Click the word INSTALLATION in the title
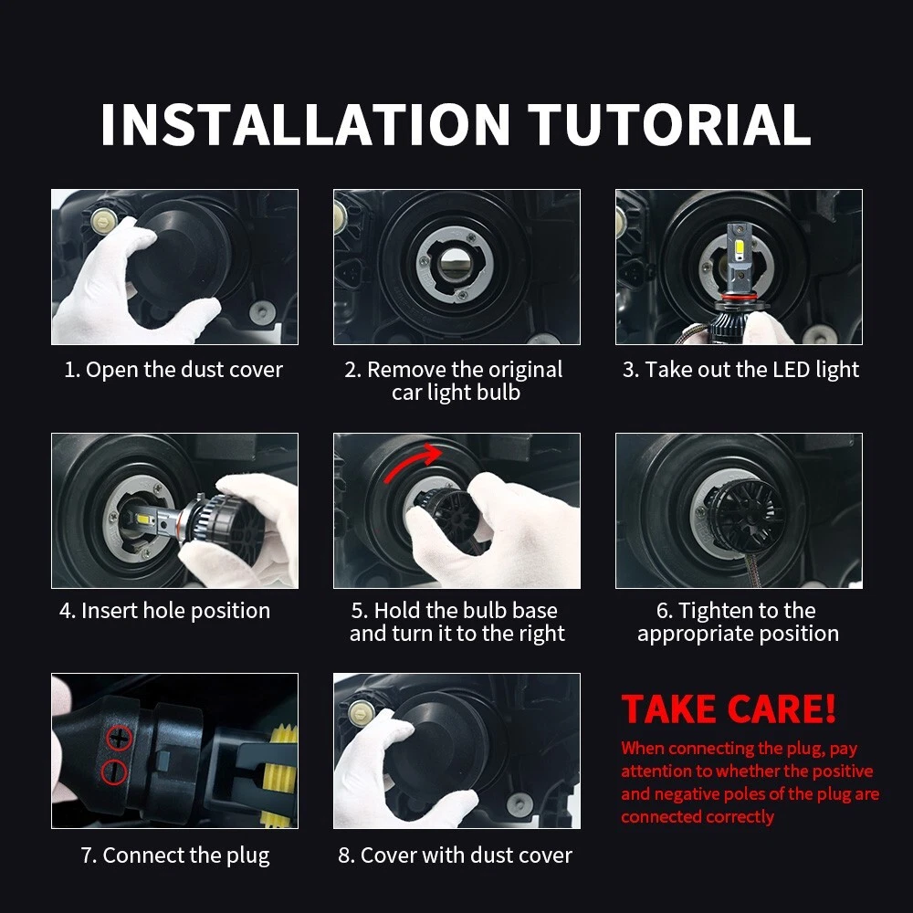[x=305, y=124]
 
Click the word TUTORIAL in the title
[x=669, y=124]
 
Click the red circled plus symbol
[x=120, y=739]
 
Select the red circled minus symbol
[x=114, y=771]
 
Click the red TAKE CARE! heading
[x=729, y=709]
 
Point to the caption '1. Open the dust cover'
[x=173, y=370]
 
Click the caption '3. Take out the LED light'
[x=740, y=370]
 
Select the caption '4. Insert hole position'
[x=164, y=611]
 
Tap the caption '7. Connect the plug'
[x=175, y=855]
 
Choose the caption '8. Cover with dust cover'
[x=456, y=855]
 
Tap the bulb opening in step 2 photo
[x=455, y=265]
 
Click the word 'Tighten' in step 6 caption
[x=717, y=611]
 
